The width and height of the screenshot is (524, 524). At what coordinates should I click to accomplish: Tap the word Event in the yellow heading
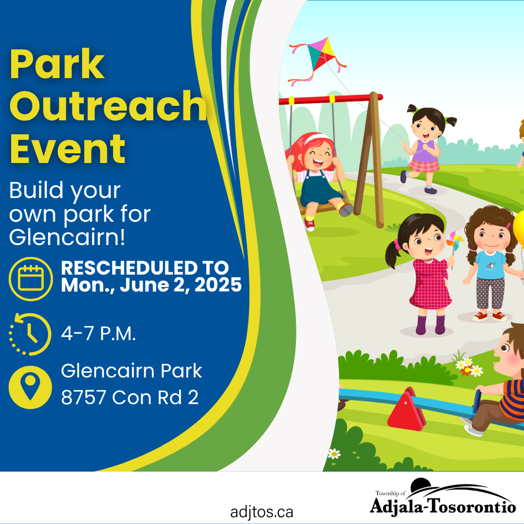click(67, 149)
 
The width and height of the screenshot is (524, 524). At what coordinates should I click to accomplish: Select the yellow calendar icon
click(31, 278)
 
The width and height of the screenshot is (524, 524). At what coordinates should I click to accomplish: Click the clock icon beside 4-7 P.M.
click(30, 334)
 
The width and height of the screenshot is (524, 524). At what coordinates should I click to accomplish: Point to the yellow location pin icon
click(31, 387)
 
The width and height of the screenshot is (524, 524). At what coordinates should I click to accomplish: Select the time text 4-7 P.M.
click(98, 333)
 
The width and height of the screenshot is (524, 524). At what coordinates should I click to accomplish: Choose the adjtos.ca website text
click(262, 512)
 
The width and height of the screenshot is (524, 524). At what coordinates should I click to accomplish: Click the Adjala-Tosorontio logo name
click(443, 505)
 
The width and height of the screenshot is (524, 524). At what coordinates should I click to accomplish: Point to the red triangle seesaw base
click(407, 409)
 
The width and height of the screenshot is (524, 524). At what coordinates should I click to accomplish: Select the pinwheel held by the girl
click(455, 241)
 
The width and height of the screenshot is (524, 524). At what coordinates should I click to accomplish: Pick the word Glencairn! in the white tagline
click(67, 237)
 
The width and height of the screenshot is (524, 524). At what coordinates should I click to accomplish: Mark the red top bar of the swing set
click(331, 99)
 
